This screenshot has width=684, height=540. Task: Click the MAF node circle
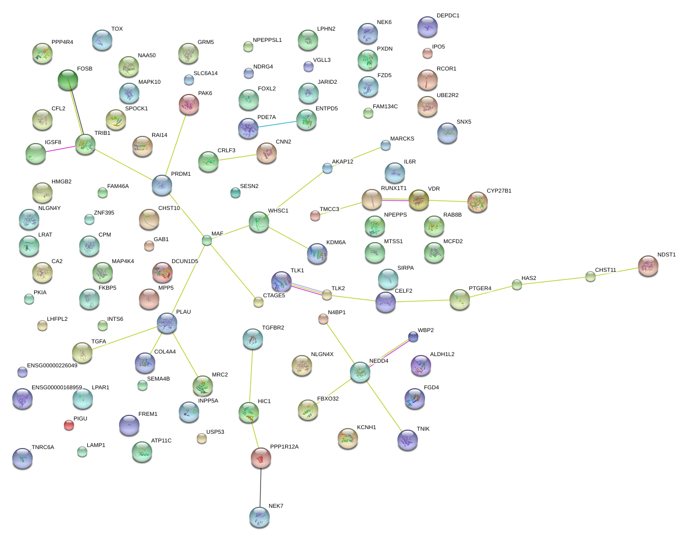[207, 240]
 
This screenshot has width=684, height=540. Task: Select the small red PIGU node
[69, 425]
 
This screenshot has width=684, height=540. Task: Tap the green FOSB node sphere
[68, 80]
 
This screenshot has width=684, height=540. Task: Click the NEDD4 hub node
[360, 372]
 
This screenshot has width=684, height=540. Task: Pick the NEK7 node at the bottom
[260, 517]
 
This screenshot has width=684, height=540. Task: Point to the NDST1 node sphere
[648, 266]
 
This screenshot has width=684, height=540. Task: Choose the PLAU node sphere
[167, 323]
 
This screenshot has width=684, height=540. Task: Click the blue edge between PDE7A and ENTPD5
[277, 124]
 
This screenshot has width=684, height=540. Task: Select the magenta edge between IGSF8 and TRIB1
[60, 149]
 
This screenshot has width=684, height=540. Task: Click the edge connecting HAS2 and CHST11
[554, 281]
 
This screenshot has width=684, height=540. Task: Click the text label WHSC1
[278, 210]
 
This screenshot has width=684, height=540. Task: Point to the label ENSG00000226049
[52, 365]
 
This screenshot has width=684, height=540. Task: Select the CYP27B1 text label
[499, 191]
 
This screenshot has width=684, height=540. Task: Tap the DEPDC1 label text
[448, 15]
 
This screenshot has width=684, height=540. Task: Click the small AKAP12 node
[327, 168]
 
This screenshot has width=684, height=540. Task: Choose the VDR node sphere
[418, 200]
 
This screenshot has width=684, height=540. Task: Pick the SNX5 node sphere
[447, 133]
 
